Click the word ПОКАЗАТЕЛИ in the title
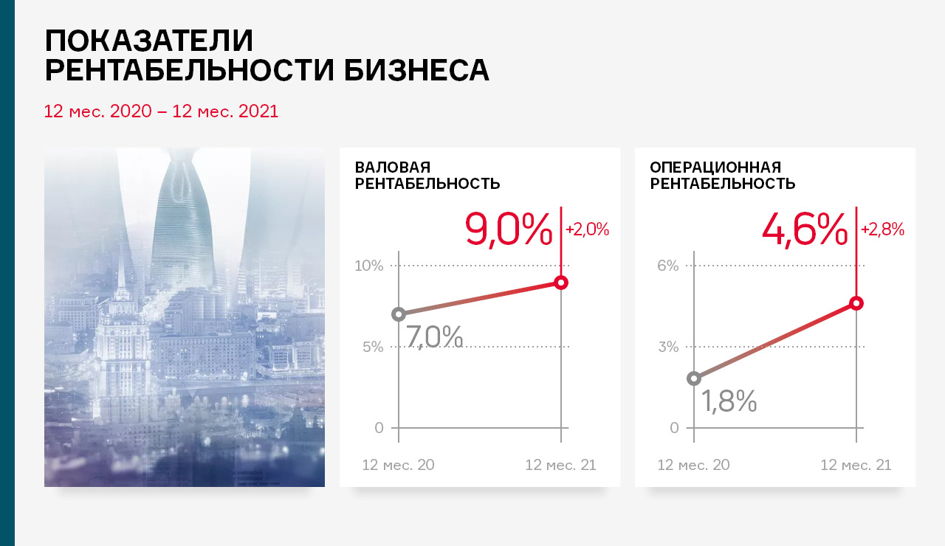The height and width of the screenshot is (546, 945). (x=149, y=41)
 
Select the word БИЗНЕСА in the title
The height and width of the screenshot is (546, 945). (x=417, y=70)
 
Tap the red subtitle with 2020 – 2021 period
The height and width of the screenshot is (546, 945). (x=161, y=111)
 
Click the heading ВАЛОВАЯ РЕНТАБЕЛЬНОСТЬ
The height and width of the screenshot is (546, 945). (x=427, y=176)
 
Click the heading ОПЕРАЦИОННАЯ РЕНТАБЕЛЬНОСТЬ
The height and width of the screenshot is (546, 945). (x=723, y=176)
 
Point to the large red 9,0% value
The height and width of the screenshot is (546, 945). (x=509, y=229)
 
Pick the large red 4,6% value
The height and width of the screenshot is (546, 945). (x=805, y=229)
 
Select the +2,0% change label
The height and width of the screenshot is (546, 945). (x=587, y=229)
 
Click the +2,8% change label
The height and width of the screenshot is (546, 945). (x=882, y=229)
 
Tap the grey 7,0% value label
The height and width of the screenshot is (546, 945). (x=435, y=336)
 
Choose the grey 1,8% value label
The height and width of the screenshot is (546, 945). (x=729, y=401)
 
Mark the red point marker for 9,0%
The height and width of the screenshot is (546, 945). (x=561, y=283)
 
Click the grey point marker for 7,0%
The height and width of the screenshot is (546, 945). (x=399, y=314)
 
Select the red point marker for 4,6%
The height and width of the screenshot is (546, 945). (x=856, y=303)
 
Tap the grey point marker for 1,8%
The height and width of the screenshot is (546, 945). (x=694, y=379)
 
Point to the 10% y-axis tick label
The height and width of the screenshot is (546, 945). (x=368, y=266)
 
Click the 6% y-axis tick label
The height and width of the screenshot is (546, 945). (x=668, y=266)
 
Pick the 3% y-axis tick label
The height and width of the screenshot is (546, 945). (x=668, y=347)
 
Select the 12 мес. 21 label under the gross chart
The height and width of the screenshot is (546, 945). (x=560, y=465)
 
